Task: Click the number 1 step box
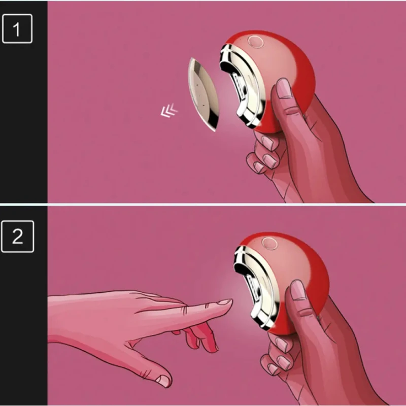(17, 28)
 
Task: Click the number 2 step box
(18, 236)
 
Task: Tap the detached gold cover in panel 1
(204, 94)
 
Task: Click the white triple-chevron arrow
(169, 111)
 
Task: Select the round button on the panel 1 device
(255, 42)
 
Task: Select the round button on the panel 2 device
(269, 244)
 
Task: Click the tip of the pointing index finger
(232, 300)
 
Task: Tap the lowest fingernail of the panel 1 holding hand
(259, 167)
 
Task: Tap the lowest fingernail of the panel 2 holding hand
(273, 369)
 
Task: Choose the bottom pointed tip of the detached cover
(215, 131)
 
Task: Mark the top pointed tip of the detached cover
(192, 58)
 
